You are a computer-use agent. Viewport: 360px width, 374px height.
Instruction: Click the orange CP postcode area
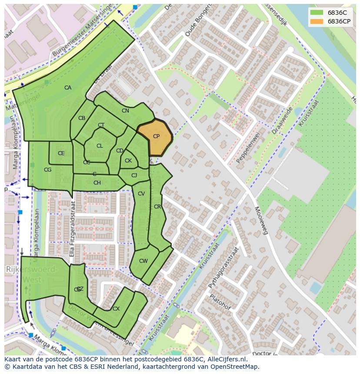tap(155, 138)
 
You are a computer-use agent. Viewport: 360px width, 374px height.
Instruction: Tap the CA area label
tap(68, 88)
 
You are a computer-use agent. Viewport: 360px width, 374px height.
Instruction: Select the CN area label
tap(125, 111)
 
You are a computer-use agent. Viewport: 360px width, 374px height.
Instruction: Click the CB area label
tap(82, 118)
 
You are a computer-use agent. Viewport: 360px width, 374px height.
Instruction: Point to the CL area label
tap(100, 146)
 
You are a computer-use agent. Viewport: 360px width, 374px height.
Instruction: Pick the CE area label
tap(61, 153)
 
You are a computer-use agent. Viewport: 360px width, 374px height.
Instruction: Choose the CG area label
tap(47, 170)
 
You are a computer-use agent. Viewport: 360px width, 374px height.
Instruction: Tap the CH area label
tap(97, 183)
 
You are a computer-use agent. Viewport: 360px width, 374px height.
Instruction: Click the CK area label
tap(128, 161)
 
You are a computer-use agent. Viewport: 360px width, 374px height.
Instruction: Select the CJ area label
tap(134, 175)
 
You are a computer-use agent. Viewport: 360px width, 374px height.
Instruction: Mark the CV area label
tap(141, 194)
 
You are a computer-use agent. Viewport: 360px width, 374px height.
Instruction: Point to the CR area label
tap(157, 207)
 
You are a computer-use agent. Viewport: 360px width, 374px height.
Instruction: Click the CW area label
tap(143, 261)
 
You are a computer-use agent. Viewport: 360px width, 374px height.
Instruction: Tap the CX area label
tap(116, 309)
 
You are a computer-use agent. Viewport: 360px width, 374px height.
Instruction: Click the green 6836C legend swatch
tap(317, 13)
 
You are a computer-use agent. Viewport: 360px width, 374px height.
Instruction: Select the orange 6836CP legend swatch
tap(317, 21)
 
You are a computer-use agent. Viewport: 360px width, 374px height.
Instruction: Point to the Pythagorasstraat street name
tap(223, 268)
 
